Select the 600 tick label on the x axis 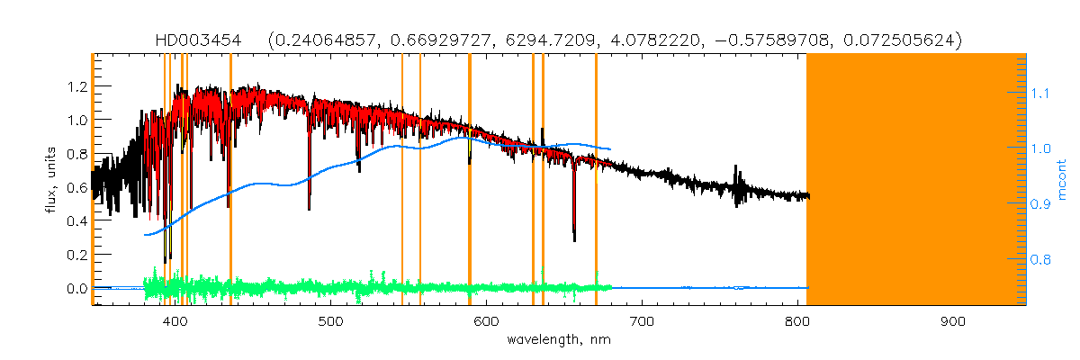coord(487,321)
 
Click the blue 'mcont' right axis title coord(1063,179)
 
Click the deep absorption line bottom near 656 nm coord(574,238)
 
